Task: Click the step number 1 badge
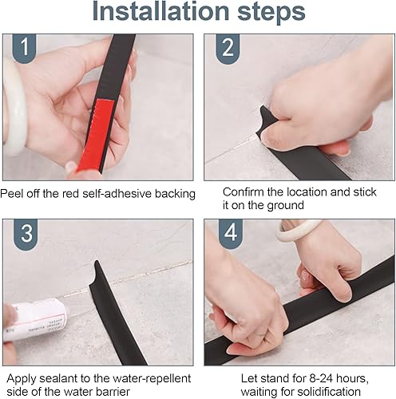point(24,49)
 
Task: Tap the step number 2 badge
point(228,49)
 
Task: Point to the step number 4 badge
point(231,234)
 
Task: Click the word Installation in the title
point(160,11)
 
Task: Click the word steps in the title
point(271,13)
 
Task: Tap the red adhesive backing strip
point(95,135)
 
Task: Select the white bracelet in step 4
point(297,231)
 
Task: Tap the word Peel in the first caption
point(11,193)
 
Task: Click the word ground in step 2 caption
point(285,206)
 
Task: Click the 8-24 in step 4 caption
point(321,378)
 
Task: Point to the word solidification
point(329,392)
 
